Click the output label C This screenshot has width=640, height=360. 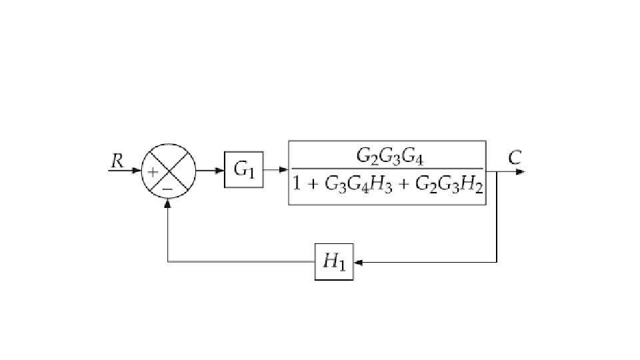(515, 159)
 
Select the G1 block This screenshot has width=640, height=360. (243, 170)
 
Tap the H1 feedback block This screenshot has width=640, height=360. (334, 261)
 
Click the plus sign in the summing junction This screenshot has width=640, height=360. (153, 172)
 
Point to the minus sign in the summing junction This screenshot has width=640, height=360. (168, 189)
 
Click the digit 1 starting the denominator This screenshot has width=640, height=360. (297, 185)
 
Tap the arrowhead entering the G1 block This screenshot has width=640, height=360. (219, 171)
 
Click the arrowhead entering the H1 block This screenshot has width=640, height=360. (358, 262)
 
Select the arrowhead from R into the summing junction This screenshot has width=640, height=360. (137, 171)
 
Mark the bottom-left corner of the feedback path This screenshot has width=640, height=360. (168, 262)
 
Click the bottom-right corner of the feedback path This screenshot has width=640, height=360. (497, 262)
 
